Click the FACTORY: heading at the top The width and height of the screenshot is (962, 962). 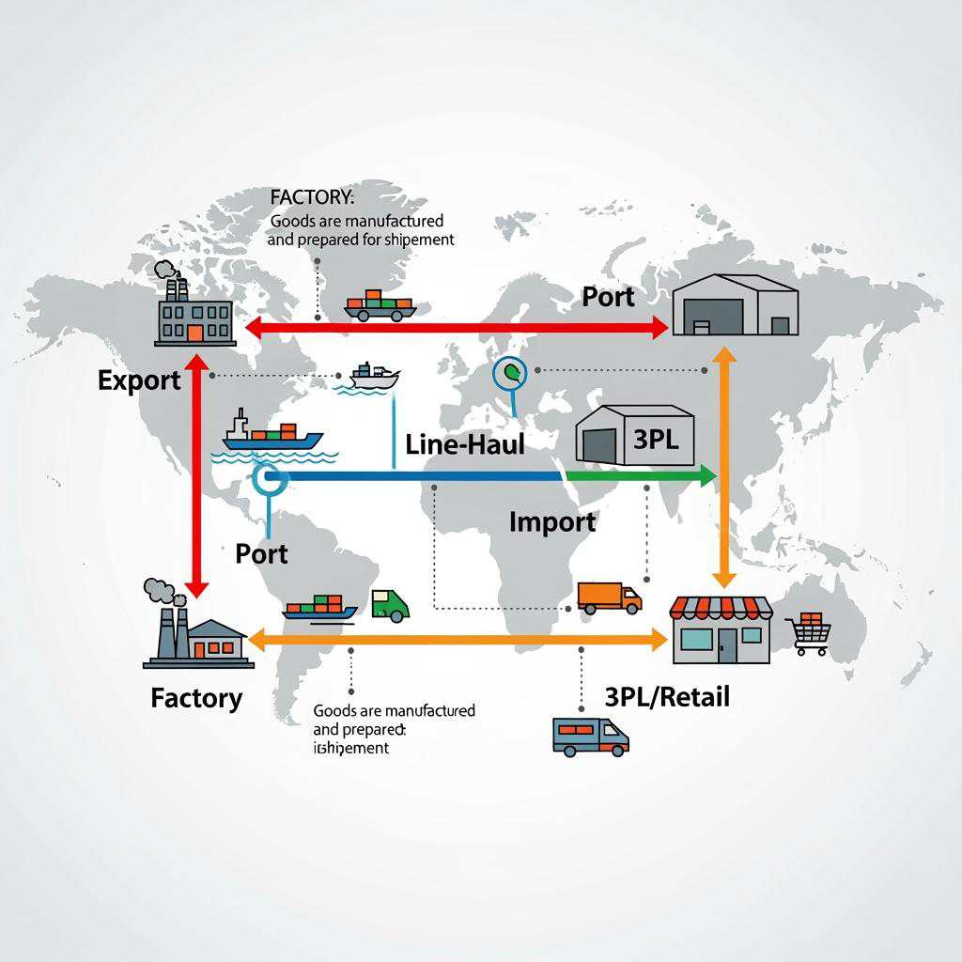coord(312,198)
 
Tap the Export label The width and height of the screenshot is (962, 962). coord(138,380)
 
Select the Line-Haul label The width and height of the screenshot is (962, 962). coord(464,444)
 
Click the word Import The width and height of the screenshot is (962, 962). coord(551,521)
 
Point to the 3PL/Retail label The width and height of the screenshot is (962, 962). coord(667,696)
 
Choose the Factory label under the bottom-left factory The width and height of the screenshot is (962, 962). coord(195,698)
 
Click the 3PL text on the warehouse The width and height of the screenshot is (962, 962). coord(656,439)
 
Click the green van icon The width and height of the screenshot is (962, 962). coord(390,604)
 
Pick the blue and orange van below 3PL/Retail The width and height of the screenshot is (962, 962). coord(590,737)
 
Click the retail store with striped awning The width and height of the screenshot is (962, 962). coord(721,628)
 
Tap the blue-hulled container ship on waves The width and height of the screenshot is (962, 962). coord(272,435)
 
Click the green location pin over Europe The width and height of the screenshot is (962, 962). coord(511,374)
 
